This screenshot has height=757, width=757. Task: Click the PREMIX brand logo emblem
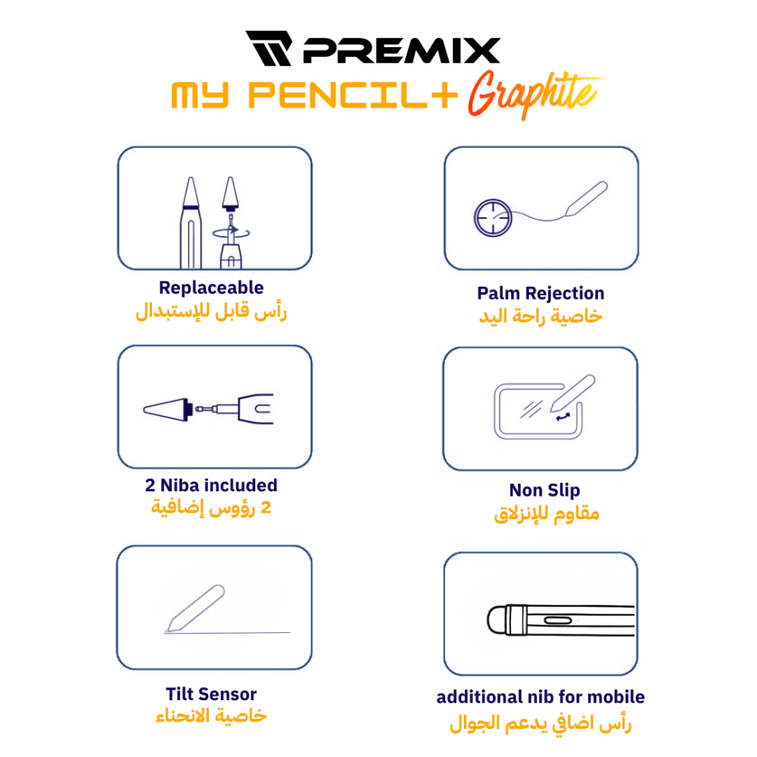[x=269, y=48]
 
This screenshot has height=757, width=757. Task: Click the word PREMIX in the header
[x=402, y=51]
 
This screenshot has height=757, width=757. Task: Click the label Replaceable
[x=211, y=288]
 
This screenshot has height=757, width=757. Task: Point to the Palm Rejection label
[x=540, y=294]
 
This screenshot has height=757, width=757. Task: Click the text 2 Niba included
[x=211, y=485]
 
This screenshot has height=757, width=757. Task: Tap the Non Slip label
[x=544, y=491]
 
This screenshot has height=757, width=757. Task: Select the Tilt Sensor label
[x=211, y=694]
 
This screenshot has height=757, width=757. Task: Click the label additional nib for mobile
[x=540, y=697]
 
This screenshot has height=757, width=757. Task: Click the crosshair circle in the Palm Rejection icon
[x=493, y=218]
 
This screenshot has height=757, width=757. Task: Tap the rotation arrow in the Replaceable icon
[x=231, y=233]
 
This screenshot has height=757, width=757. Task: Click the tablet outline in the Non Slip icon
[x=497, y=411]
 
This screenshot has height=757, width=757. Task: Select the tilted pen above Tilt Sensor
[x=195, y=609]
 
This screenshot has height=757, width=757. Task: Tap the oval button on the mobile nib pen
[x=558, y=621]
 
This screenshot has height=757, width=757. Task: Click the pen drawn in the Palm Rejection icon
[x=586, y=198]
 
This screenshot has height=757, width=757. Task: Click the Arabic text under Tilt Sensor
[x=211, y=715]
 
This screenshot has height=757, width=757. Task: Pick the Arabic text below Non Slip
[x=547, y=514]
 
